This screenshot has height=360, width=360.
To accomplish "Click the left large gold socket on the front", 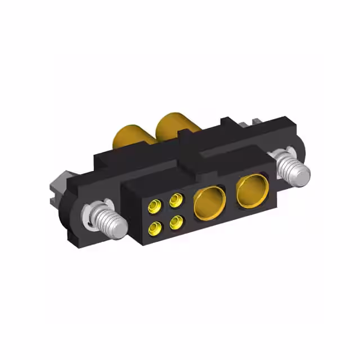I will point(209,204).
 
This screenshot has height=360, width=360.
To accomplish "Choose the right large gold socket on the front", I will point(252,190).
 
